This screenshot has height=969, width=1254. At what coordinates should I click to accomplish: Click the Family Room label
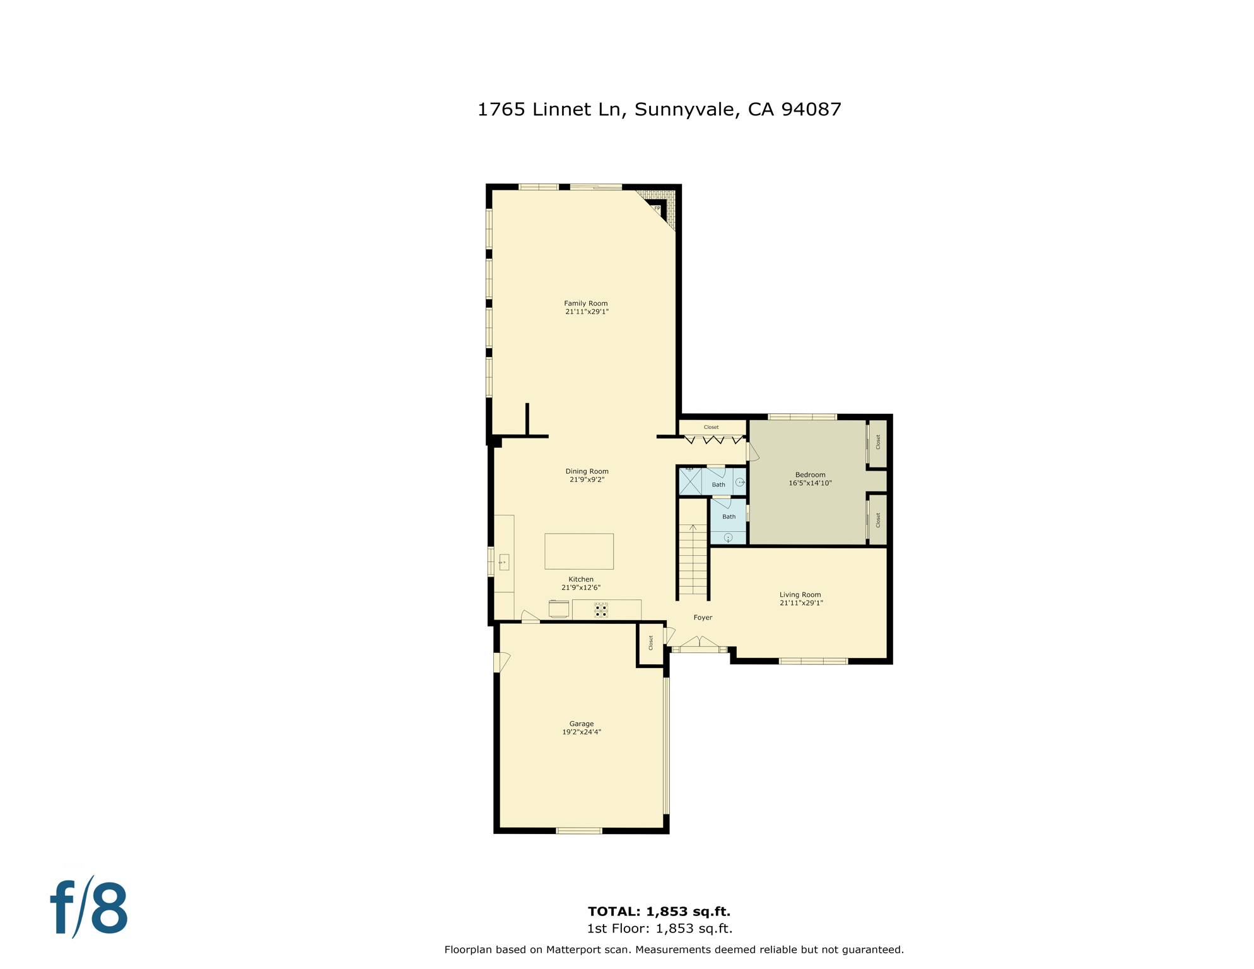point(585,303)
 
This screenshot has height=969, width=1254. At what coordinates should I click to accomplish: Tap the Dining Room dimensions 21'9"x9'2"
point(587,479)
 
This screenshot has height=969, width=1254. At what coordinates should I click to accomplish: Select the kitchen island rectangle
point(578,551)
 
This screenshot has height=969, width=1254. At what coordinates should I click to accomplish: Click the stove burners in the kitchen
point(601,610)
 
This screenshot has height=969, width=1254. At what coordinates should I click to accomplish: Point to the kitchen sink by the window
point(503,561)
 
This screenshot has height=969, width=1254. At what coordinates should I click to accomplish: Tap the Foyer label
point(702,618)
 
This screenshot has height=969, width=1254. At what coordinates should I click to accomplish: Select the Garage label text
point(581,724)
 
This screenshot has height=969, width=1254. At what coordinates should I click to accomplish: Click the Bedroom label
point(810,474)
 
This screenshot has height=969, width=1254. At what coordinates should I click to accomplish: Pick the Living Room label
point(800,594)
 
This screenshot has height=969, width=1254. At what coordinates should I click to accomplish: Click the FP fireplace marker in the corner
point(657,208)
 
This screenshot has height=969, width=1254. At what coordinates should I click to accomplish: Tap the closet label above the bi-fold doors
point(711,427)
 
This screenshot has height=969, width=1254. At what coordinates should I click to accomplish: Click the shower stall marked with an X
point(689,482)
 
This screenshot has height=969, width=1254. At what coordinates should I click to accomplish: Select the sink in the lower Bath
point(728,537)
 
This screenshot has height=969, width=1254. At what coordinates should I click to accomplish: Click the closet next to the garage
point(650,643)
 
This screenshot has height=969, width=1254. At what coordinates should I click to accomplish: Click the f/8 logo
point(89,908)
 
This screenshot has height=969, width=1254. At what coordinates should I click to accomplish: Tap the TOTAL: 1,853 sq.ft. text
point(659,911)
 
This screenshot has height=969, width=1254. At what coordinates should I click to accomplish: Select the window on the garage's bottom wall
point(578,831)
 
